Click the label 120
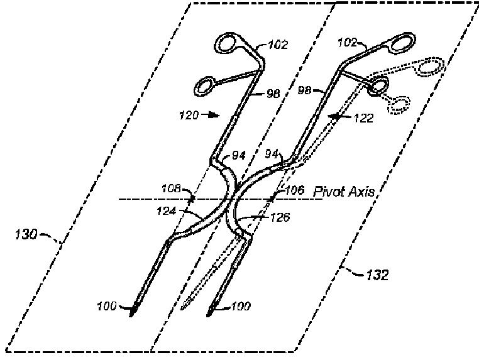click(189, 116)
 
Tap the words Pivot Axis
click(344, 192)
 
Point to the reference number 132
click(377, 275)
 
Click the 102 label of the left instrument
click(277, 45)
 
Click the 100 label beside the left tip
click(107, 307)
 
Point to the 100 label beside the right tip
click(241, 307)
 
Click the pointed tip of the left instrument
click(133, 314)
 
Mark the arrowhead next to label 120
click(216, 115)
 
